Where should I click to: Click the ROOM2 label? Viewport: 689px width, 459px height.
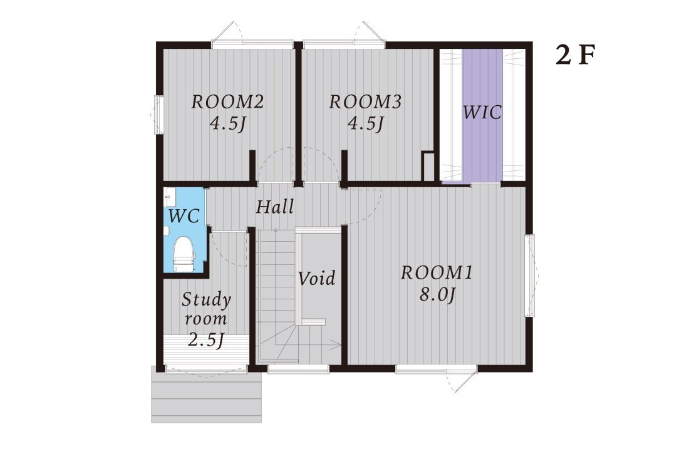[227, 102]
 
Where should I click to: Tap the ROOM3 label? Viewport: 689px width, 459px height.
[366, 102]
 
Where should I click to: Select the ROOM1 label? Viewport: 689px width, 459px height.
[437, 273]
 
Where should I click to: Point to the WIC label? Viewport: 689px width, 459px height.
[482, 113]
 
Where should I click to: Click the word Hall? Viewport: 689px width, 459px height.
[275, 207]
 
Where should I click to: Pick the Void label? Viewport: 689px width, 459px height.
[317, 279]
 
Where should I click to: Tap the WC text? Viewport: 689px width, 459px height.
[185, 216]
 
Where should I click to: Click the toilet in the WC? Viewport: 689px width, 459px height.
[184, 254]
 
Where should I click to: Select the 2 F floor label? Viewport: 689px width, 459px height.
[575, 55]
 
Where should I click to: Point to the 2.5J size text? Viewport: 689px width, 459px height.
[206, 339]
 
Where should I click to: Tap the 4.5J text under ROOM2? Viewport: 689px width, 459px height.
[227, 124]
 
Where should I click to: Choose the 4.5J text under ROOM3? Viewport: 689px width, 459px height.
[366, 124]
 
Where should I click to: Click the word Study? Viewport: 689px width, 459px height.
[206, 300]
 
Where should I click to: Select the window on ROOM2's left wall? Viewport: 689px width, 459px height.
[158, 115]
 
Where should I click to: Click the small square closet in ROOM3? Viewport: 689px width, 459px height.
[428, 167]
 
